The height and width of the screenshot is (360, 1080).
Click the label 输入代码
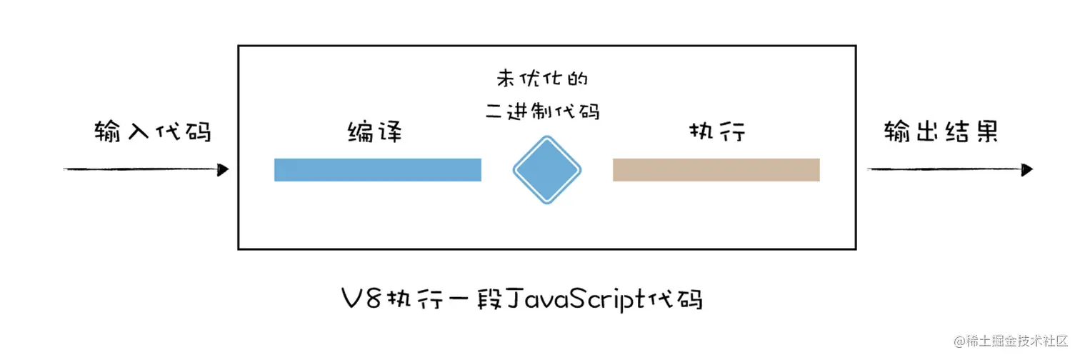153,132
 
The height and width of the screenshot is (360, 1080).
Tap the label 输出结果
941,132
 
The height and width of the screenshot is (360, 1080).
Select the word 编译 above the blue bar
375,132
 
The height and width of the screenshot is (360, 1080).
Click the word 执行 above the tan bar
716,132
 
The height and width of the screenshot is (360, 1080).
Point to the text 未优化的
546,79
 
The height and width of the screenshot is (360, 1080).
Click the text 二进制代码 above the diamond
547,111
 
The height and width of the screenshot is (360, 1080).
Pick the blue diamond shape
546,170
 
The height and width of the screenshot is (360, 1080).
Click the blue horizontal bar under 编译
378,170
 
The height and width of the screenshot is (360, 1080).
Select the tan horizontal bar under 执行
716,170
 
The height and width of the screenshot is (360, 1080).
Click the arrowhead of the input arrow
223,169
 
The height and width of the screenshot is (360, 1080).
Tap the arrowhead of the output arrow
1027,169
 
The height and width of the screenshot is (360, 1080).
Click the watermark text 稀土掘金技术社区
1013,341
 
